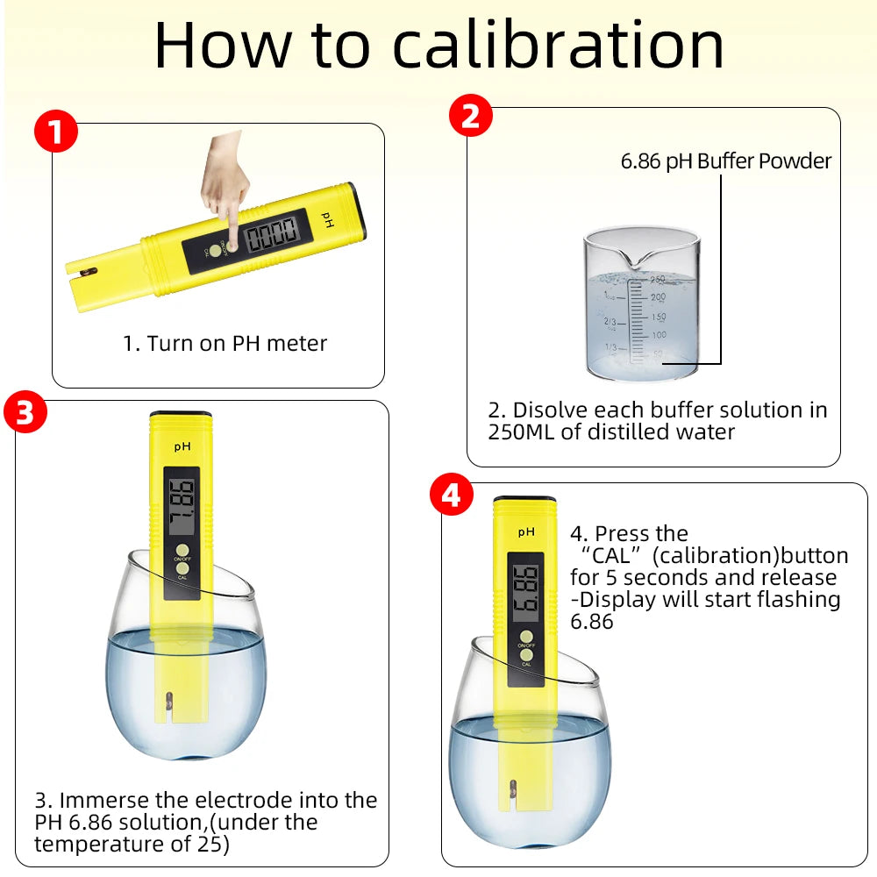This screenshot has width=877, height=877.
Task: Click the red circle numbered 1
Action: pyautogui.click(x=56, y=133)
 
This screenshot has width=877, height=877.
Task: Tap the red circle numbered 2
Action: pyautogui.click(x=471, y=117)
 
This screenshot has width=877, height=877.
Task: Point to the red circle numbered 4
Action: pyautogui.click(x=451, y=496)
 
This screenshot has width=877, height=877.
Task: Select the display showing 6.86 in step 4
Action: pyautogui.click(x=525, y=591)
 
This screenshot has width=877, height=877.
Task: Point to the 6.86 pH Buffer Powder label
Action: pyautogui.click(x=725, y=161)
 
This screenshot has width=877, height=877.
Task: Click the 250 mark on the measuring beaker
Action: pyautogui.click(x=658, y=280)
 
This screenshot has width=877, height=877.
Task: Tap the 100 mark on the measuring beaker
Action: pyautogui.click(x=659, y=336)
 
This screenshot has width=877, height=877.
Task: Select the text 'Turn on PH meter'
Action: pyautogui.click(x=237, y=344)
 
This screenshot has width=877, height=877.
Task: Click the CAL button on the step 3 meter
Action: pyautogui.click(x=182, y=567)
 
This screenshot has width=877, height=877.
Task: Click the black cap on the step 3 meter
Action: pyautogui.click(x=180, y=413)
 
